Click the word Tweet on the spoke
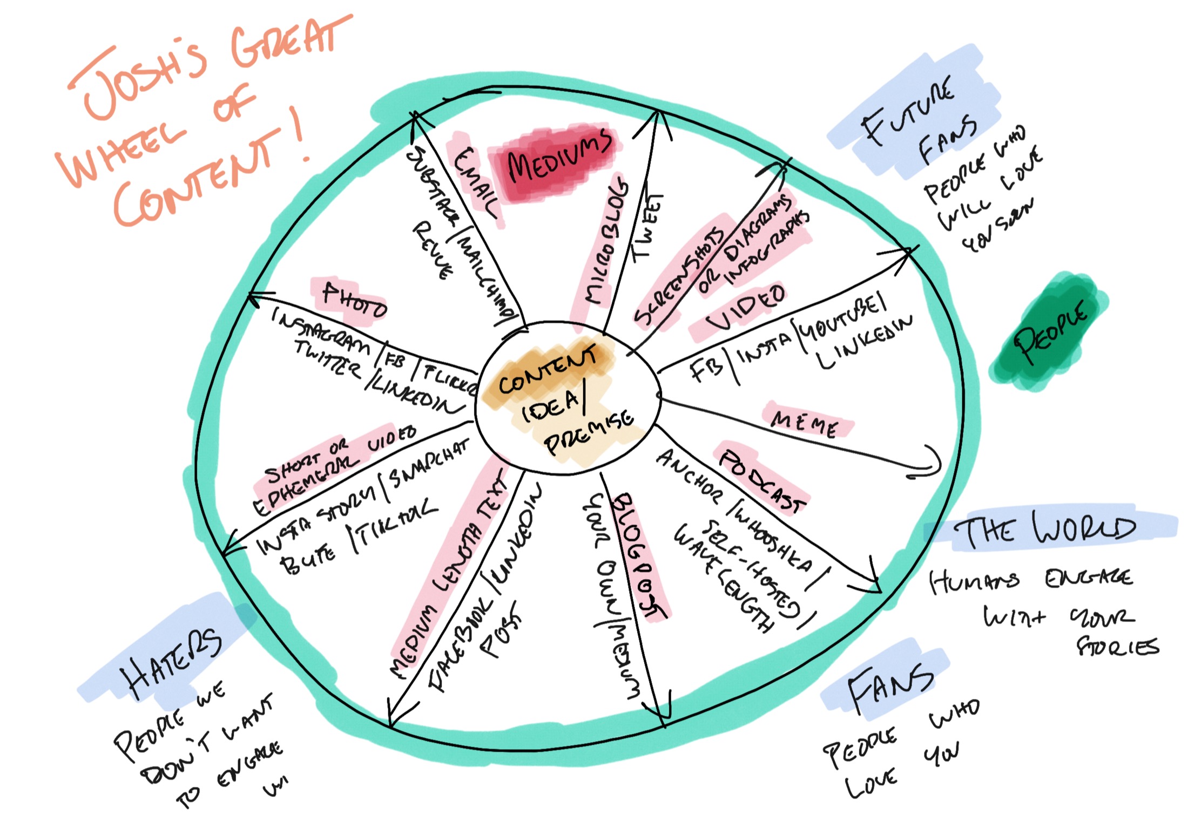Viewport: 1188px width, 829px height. click(648, 227)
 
